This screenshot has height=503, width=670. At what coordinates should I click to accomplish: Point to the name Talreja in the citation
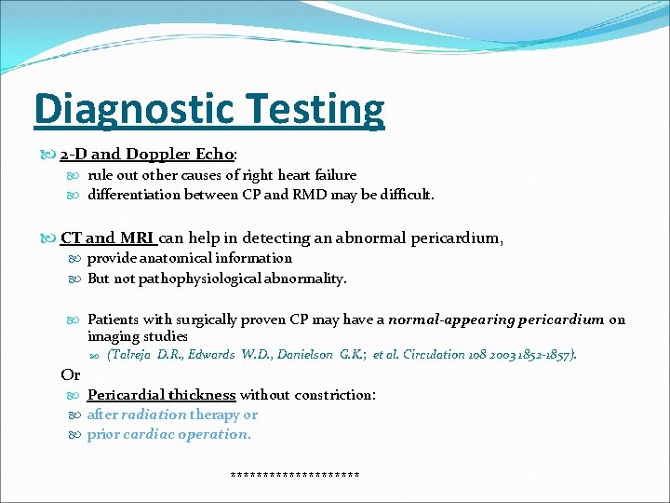pos(134,355)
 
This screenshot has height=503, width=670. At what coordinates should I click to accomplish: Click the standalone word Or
pos(70,374)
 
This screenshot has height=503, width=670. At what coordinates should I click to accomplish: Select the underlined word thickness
pos(198,395)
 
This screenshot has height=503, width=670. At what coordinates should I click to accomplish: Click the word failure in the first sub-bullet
pos(333,175)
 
